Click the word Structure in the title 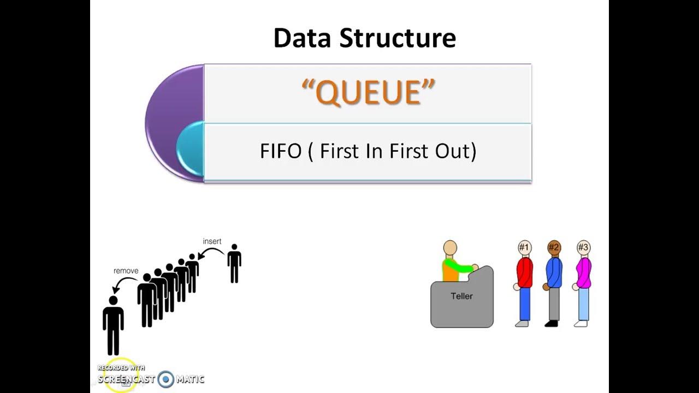398,38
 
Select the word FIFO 281,151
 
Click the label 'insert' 212,241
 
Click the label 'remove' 126,271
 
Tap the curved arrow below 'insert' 210,253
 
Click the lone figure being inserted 234,263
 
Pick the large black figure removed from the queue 113,325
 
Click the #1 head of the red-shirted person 524,248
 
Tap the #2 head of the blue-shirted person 554,248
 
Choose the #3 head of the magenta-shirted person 583,248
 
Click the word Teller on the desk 461,296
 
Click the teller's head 450,248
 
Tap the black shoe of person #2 552,324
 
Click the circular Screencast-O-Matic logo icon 165,379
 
